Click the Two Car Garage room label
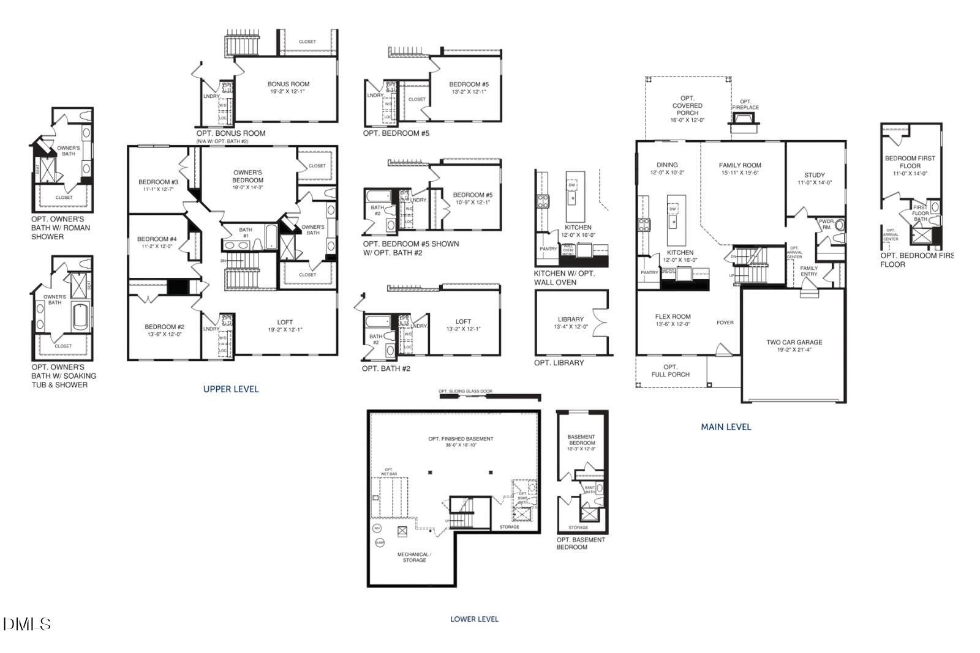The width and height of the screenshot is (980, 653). (794, 346)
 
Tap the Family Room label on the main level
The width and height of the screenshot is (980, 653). (740, 168)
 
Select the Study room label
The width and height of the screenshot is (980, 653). (814, 178)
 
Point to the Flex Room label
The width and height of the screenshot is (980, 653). (673, 320)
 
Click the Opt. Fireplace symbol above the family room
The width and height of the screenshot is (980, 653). (743, 120)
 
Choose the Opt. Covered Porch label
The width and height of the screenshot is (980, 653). (687, 109)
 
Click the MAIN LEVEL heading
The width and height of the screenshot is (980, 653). (726, 427)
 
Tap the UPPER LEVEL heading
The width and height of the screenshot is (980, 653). (231, 389)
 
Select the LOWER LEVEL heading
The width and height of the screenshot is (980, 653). (474, 619)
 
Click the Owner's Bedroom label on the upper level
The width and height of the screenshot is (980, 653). (247, 176)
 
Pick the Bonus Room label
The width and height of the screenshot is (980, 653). (288, 88)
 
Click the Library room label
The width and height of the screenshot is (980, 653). (571, 323)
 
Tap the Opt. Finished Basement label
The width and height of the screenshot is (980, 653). (461, 441)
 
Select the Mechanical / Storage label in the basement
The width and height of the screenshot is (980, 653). (414, 557)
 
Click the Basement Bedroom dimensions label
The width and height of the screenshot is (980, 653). (581, 449)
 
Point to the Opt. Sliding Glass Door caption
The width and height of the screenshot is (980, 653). (465, 391)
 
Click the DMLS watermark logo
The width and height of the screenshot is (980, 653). (26, 624)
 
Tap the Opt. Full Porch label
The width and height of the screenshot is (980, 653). (670, 370)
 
